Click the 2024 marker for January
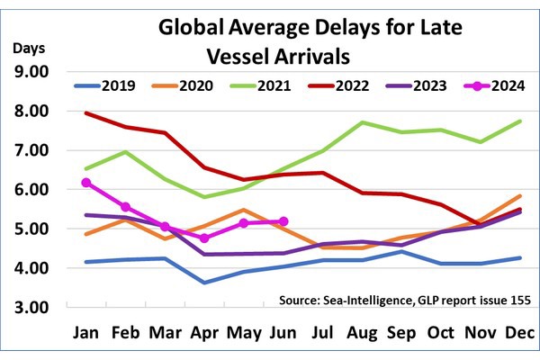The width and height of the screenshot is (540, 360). point(86,183)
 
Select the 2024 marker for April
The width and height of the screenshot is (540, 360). point(204,238)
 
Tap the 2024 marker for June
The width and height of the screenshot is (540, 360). point(283,220)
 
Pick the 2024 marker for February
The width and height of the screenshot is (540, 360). point(125,207)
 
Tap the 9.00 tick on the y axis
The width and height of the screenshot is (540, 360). point(37,72)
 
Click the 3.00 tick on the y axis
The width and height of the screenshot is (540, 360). point(37,308)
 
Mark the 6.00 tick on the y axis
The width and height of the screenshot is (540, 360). point(37,190)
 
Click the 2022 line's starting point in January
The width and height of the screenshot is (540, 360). point(86,113)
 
